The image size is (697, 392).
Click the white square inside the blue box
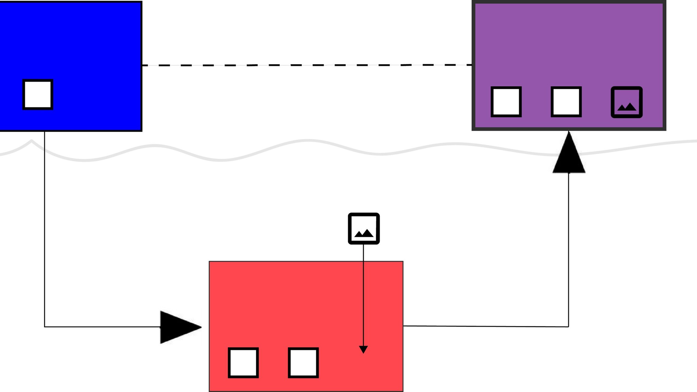[x=38, y=95]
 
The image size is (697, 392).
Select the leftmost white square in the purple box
[x=506, y=102]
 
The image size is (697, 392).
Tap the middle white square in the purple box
[x=566, y=102]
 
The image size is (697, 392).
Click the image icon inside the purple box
[x=627, y=102]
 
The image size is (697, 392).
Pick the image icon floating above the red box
[x=363, y=228]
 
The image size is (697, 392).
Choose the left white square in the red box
[x=243, y=362]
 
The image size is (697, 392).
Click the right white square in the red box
[x=303, y=362]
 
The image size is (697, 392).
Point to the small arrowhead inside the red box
[x=363, y=349]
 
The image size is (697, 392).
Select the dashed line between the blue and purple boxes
[x=306, y=65]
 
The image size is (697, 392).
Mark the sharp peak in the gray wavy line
[x=32, y=140]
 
